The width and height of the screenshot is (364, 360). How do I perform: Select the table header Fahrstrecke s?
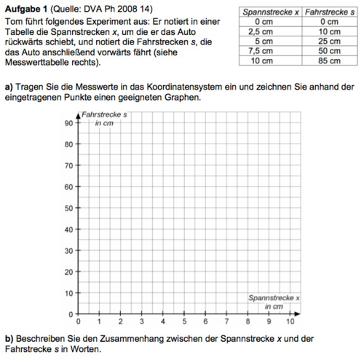(327, 12)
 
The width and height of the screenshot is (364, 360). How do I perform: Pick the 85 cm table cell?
(329, 60)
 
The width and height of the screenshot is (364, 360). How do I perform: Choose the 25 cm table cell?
(329, 42)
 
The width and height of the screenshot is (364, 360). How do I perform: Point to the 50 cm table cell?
(329, 51)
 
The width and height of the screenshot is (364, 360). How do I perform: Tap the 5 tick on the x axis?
(184, 321)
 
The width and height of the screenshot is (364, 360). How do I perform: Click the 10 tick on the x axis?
(290, 321)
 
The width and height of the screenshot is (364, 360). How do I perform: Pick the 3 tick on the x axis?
(142, 321)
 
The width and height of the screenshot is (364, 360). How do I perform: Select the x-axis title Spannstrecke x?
(274, 297)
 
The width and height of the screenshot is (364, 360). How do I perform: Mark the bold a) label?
(8, 86)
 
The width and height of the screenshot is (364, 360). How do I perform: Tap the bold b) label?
(8, 339)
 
